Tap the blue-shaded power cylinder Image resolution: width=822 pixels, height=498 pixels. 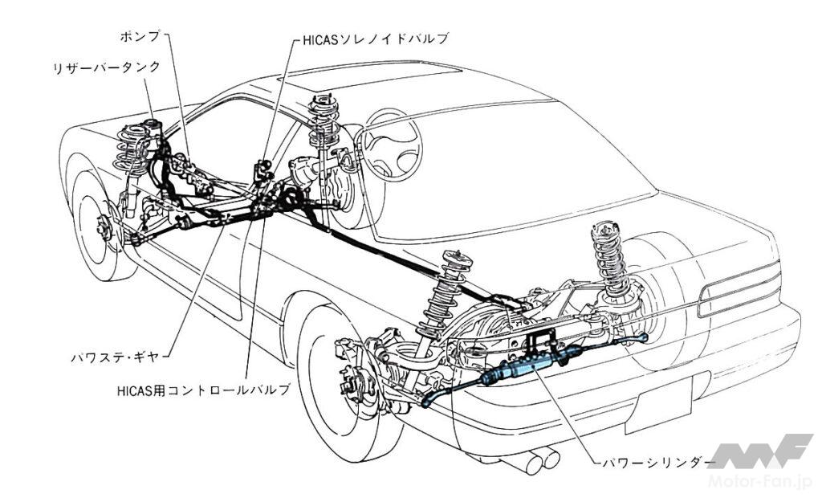point(522,370)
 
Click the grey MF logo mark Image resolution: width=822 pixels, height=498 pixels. point(763,451)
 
